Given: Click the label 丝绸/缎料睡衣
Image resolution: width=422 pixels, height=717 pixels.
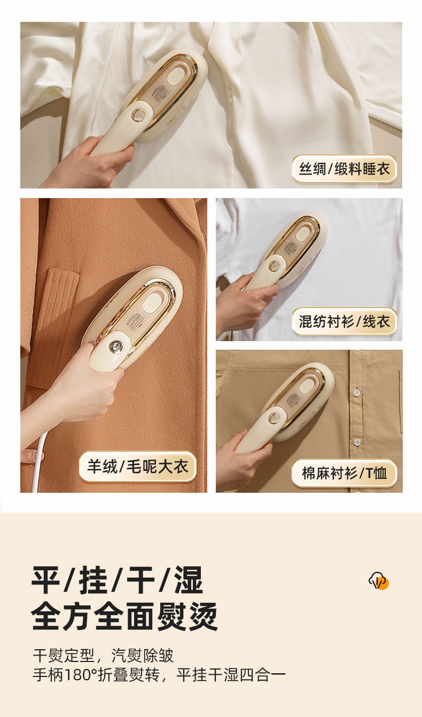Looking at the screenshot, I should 345,169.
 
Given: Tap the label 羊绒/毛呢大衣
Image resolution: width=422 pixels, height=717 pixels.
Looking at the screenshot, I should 138,467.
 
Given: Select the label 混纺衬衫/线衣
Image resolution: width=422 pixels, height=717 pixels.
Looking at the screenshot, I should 345,321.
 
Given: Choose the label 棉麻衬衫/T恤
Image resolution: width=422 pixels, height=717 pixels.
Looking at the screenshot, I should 345,472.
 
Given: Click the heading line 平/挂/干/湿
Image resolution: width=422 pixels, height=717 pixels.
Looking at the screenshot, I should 118,580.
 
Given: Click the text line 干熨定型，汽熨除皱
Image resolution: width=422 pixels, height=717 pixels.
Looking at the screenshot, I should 104,655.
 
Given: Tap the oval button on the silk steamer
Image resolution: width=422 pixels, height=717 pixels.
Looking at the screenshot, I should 174,77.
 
